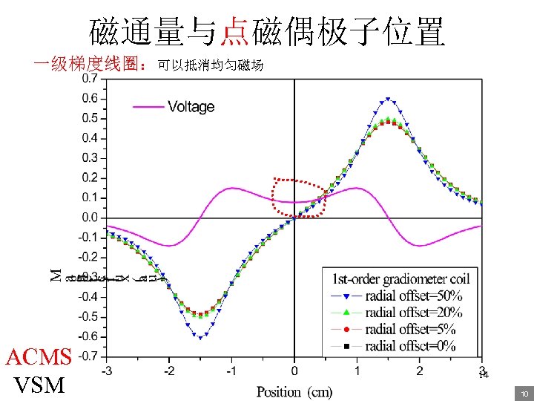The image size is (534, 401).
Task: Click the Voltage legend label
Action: [x=191, y=107]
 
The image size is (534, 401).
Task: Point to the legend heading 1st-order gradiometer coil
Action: [x=400, y=279]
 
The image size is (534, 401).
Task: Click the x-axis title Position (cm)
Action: [x=294, y=391]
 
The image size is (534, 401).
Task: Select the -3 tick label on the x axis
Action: [x=107, y=371]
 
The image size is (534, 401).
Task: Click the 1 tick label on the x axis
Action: [x=357, y=371]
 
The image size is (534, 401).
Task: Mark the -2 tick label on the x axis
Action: [x=169, y=371]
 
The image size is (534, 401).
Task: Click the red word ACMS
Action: [x=38, y=357]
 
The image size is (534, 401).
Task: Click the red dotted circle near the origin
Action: [x=298, y=198]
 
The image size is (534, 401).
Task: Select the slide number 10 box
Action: [x=524, y=393]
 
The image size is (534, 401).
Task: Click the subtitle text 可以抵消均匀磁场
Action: [x=210, y=67]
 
